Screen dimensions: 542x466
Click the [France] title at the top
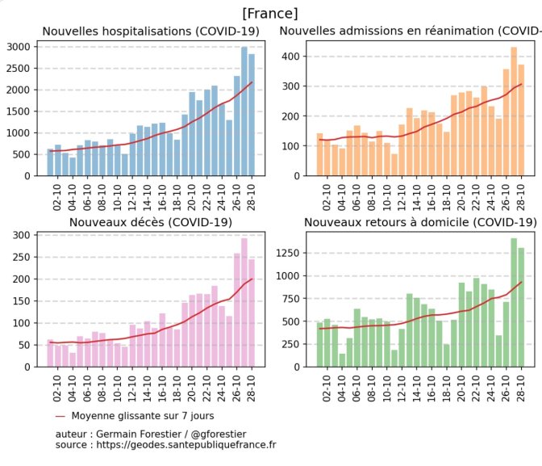pos(270,14)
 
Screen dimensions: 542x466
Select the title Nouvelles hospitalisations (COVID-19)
pos(151,31)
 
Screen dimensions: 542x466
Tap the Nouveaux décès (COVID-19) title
pos(151,222)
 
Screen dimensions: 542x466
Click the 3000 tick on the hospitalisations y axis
pos(19,47)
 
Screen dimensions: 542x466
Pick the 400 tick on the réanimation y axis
pos(290,56)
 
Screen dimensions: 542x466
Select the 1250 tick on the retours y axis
pos(288,253)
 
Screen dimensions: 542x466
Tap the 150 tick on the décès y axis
pos(22,301)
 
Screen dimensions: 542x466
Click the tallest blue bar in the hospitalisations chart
pos(244,111)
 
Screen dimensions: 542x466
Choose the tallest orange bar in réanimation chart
pos(514,111)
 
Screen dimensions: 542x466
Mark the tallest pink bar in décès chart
pos(244,302)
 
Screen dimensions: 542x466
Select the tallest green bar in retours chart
pos(514,302)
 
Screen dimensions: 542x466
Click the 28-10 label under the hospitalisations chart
pos(252,197)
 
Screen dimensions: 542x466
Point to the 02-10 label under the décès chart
pos(56,388)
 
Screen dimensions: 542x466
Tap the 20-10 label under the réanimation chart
pos(461,197)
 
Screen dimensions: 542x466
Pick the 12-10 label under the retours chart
pos(402,388)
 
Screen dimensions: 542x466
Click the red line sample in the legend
pos(60,416)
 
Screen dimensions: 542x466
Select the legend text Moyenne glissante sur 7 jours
pos(143,416)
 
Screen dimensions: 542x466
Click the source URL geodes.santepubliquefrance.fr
pos(186,445)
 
